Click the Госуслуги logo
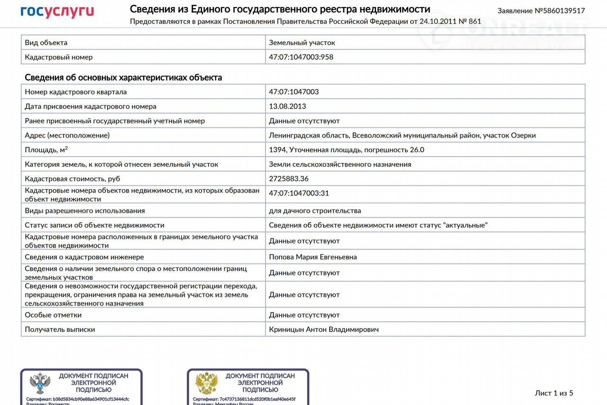pyautogui.click(x=57, y=12)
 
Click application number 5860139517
pyautogui.click(x=541, y=10)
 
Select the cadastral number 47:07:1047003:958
pyautogui.click(x=301, y=57)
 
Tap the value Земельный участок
pyautogui.click(x=302, y=43)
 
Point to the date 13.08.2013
pyautogui.click(x=287, y=106)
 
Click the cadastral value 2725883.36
pyautogui.click(x=289, y=179)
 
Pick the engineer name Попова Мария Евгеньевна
pyautogui.click(x=313, y=257)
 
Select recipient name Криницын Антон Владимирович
pyautogui.click(x=324, y=330)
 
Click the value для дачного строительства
pyautogui.click(x=315, y=211)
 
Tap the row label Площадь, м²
pyautogui.click(x=46, y=150)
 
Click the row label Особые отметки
pyautogui.click(x=53, y=315)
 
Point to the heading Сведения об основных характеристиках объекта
pyautogui.click(x=123, y=77)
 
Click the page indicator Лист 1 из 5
pyautogui.click(x=554, y=393)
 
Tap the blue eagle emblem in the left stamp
pyautogui.click(x=40, y=383)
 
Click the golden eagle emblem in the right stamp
pyautogui.click(x=207, y=383)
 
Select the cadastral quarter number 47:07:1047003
pyautogui.click(x=294, y=92)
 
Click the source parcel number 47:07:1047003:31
pyautogui.click(x=299, y=193)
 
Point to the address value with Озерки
pyautogui.click(x=402, y=135)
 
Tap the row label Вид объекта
pyautogui.click(x=46, y=43)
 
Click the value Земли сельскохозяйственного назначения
pyautogui.click(x=340, y=164)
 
